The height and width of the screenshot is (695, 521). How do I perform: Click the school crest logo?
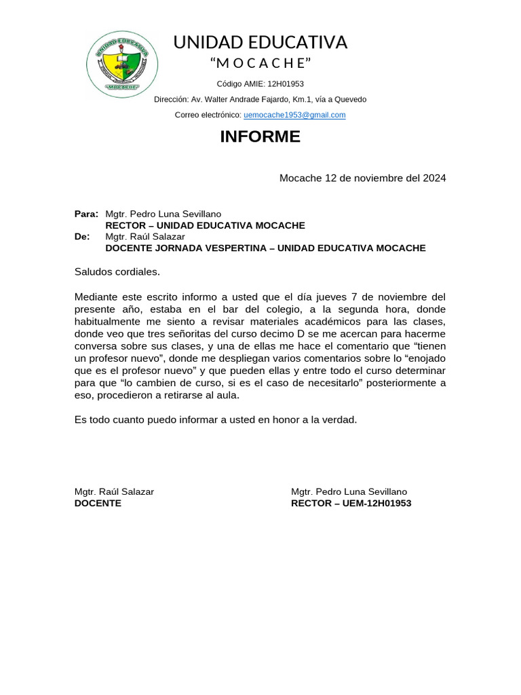pyautogui.click(x=123, y=64)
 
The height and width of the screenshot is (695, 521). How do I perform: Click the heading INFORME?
pyautogui.click(x=260, y=136)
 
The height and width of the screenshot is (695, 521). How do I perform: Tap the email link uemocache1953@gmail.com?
pyautogui.click(x=295, y=115)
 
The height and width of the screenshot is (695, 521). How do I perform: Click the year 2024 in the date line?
pyautogui.click(x=434, y=179)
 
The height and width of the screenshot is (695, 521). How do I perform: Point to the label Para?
pyautogui.click(x=86, y=214)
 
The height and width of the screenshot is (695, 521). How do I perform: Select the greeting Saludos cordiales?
pyautogui.click(x=117, y=272)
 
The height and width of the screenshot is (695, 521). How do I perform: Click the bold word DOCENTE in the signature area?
pyautogui.click(x=98, y=504)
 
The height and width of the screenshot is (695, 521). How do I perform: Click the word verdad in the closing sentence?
pyautogui.click(x=339, y=420)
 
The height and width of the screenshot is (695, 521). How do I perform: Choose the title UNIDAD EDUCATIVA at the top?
pyautogui.click(x=260, y=43)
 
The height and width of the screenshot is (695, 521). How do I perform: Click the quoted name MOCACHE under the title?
pyautogui.click(x=260, y=64)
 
